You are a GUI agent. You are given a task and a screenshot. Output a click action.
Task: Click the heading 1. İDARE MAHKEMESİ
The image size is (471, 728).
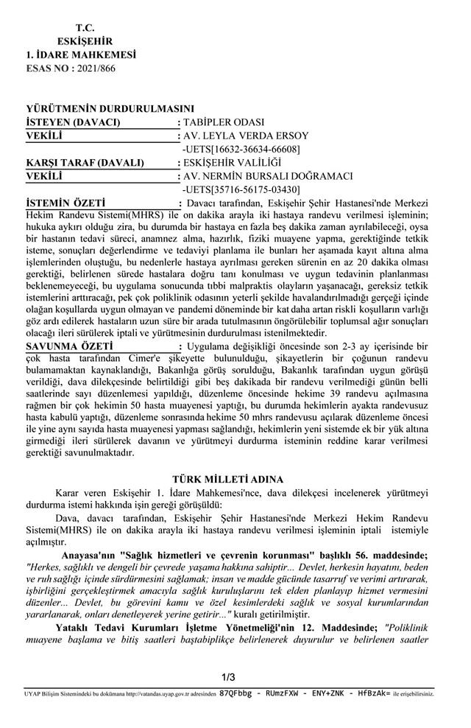point(81,55)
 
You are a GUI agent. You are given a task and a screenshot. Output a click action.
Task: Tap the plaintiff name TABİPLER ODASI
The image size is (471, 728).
point(224,122)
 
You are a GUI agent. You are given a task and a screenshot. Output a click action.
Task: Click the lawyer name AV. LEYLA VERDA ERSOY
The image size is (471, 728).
point(246,136)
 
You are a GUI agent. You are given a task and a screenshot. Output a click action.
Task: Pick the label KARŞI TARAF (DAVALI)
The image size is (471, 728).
point(84,163)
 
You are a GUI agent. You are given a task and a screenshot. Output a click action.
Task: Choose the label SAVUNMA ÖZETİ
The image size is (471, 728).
point(68,346)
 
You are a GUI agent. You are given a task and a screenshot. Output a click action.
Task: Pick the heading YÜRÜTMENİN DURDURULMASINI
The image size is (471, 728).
point(110,109)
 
